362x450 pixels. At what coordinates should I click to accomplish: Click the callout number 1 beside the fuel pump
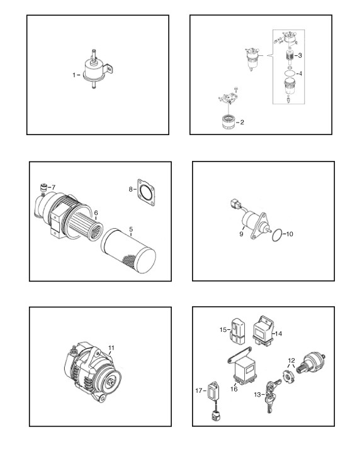tap(74, 75)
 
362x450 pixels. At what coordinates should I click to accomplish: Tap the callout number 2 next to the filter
tap(242, 123)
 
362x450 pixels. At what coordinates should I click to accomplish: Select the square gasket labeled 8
tap(146, 192)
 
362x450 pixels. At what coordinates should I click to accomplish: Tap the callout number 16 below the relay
tap(234, 389)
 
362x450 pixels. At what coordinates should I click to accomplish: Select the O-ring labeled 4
tap(290, 74)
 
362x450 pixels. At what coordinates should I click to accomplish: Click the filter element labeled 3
tap(290, 56)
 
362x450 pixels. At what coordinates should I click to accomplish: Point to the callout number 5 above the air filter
tap(131, 229)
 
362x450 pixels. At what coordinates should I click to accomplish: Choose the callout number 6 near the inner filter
tap(96, 213)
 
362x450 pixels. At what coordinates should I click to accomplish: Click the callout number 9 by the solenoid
tap(241, 234)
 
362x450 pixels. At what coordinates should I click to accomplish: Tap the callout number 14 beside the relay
tap(279, 334)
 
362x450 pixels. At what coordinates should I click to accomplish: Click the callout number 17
tap(199, 390)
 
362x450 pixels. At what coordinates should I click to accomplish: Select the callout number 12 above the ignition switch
tap(291, 361)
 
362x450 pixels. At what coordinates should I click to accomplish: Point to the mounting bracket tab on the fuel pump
tap(109, 69)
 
